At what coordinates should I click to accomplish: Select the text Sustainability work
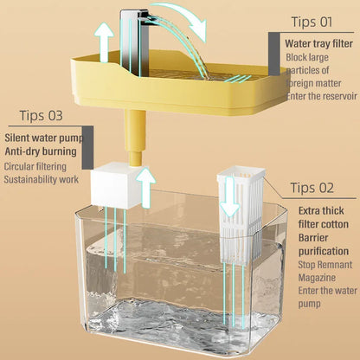42,179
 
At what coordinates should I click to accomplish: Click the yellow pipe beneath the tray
135,142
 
